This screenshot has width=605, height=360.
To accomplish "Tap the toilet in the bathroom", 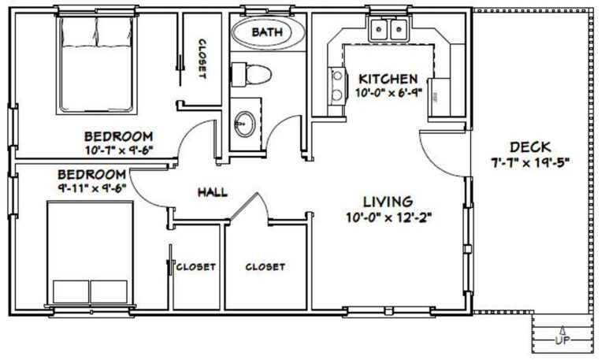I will tap(251, 74).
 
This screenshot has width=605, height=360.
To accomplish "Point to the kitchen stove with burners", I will tap(336, 85).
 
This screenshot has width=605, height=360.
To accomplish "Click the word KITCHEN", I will tap(388, 80).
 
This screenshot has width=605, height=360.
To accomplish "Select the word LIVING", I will tap(388, 202).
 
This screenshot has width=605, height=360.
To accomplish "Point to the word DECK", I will tap(529, 147).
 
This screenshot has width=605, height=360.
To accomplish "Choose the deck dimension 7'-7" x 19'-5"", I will tap(529, 163).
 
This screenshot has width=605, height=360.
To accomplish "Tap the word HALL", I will tap(212, 191).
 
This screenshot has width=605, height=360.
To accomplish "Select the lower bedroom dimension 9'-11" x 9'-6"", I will tap(92, 187).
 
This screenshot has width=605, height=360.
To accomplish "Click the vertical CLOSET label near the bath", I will tap(202, 60).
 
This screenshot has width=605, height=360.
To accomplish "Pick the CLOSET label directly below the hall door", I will tap(265, 267).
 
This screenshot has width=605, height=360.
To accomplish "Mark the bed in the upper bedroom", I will tap(95, 63).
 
